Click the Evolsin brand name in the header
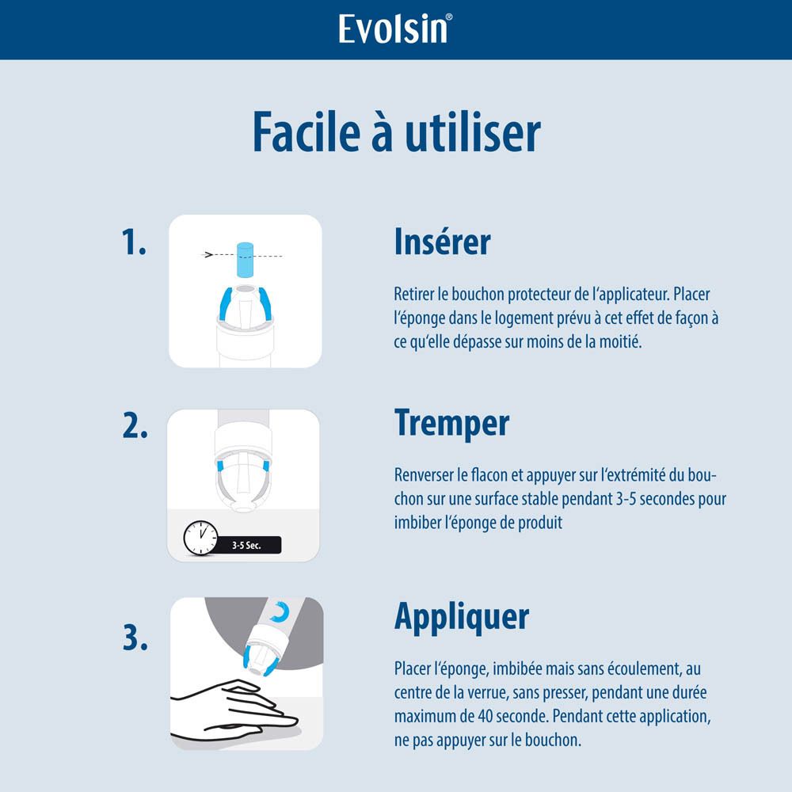[x=394, y=29]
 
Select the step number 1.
[x=134, y=243]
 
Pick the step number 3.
[x=135, y=638]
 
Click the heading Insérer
[x=442, y=242]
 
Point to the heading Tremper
[x=451, y=423]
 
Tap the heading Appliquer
[x=462, y=615]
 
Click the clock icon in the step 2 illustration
[x=200, y=538]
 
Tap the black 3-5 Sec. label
[x=247, y=545]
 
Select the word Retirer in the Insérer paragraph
[x=413, y=295]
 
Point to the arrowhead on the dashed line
[x=209, y=255]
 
